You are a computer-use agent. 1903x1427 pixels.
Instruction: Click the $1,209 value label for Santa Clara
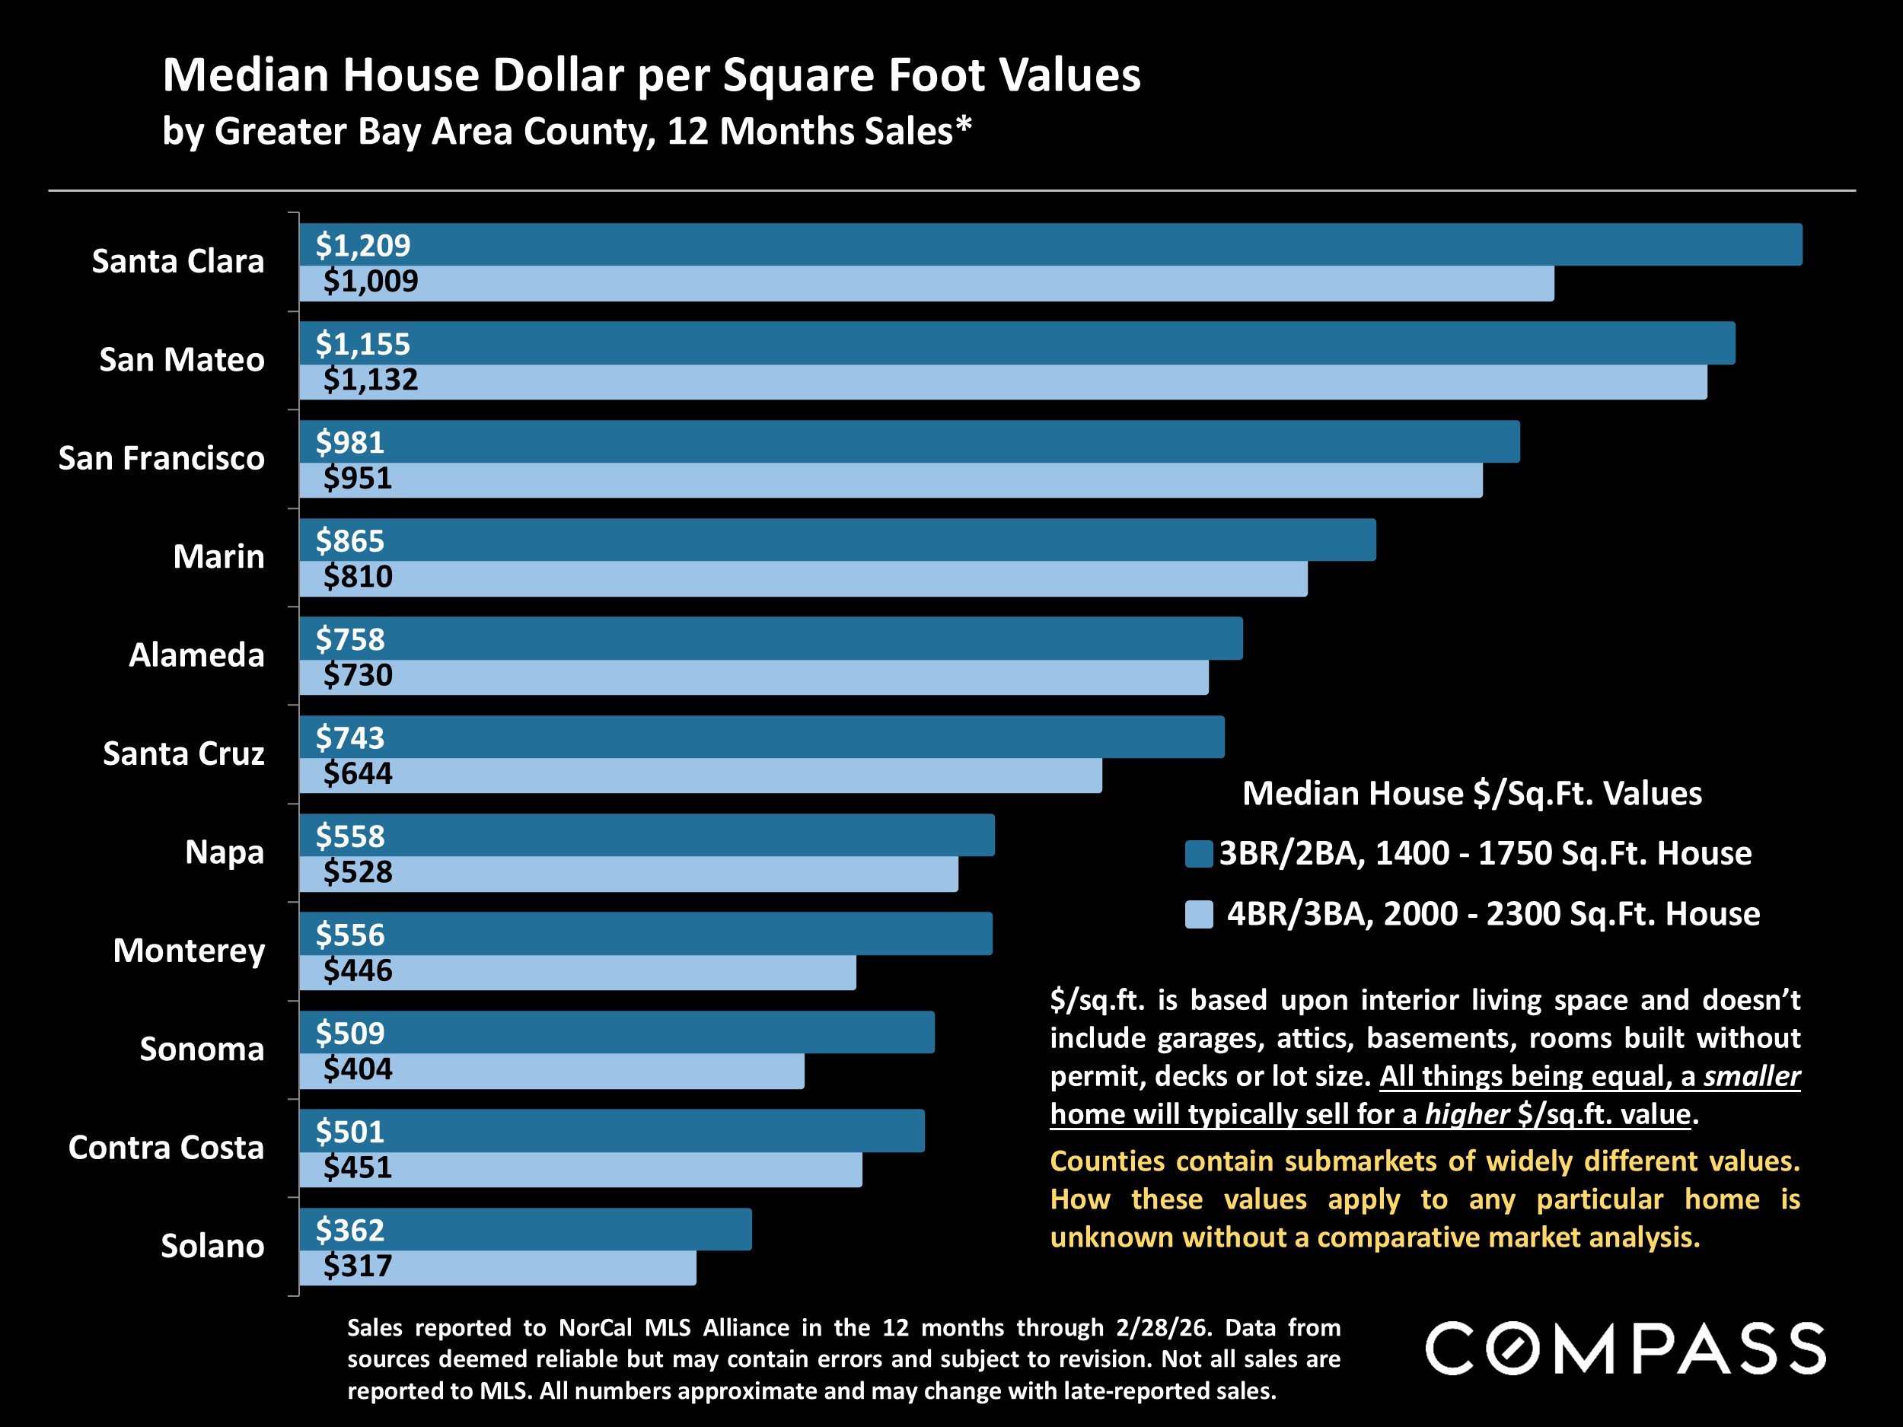point(362,246)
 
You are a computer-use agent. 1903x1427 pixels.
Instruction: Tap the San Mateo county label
point(181,359)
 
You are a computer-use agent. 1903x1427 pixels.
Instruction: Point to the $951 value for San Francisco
point(357,478)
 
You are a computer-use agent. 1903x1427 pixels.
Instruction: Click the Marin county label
point(218,556)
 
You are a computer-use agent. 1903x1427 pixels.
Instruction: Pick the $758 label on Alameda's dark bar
point(349,639)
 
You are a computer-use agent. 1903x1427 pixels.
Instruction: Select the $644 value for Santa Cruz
point(357,773)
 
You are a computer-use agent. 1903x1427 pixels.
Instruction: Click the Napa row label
point(224,852)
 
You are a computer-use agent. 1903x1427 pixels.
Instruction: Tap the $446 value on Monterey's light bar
point(357,970)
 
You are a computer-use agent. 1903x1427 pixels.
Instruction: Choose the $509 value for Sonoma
point(349,1033)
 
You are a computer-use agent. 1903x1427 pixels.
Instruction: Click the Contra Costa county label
point(166,1148)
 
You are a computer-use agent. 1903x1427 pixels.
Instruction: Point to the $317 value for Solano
point(357,1266)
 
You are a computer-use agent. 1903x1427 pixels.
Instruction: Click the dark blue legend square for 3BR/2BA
point(1198,853)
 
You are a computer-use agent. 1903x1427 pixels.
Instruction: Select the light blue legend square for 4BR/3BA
point(1198,913)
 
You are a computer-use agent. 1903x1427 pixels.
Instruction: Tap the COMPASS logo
point(1625,1349)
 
